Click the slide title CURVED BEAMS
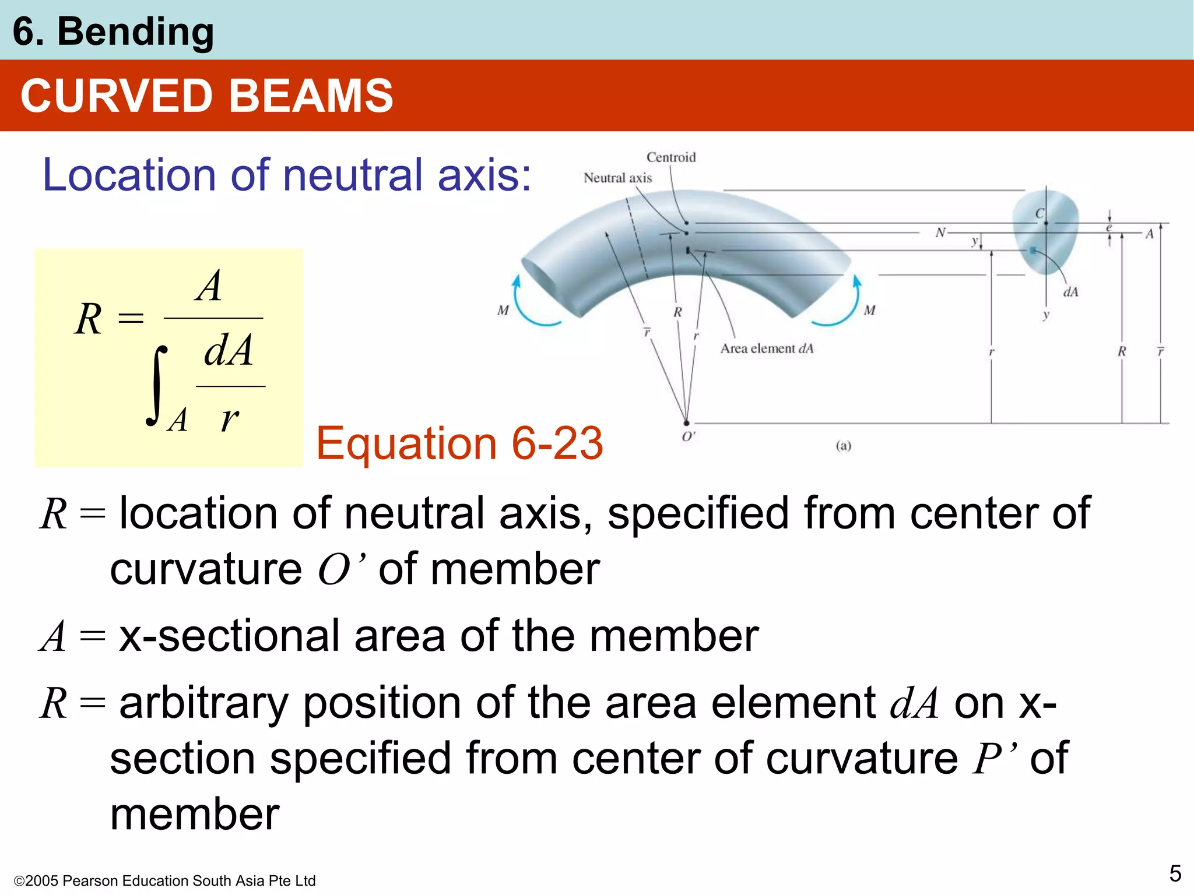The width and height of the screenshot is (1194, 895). tap(206, 96)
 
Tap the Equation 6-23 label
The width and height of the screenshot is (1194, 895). tap(459, 443)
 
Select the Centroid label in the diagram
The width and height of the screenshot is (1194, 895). tap(671, 157)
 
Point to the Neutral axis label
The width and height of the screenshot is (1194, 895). tap(617, 178)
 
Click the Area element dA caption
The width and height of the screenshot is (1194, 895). tap(767, 348)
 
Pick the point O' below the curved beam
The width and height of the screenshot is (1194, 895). tap(687, 424)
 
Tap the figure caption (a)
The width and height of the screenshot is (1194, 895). tap(843, 446)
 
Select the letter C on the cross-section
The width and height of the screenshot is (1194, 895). tap(1040, 213)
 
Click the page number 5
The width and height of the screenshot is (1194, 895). tap(1175, 873)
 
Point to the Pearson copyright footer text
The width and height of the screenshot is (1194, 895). tap(164, 880)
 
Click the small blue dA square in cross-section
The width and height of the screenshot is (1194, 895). tap(1033, 251)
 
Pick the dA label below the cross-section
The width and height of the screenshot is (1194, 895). tap(1070, 292)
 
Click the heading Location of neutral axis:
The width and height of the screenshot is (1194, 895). tap(287, 175)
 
